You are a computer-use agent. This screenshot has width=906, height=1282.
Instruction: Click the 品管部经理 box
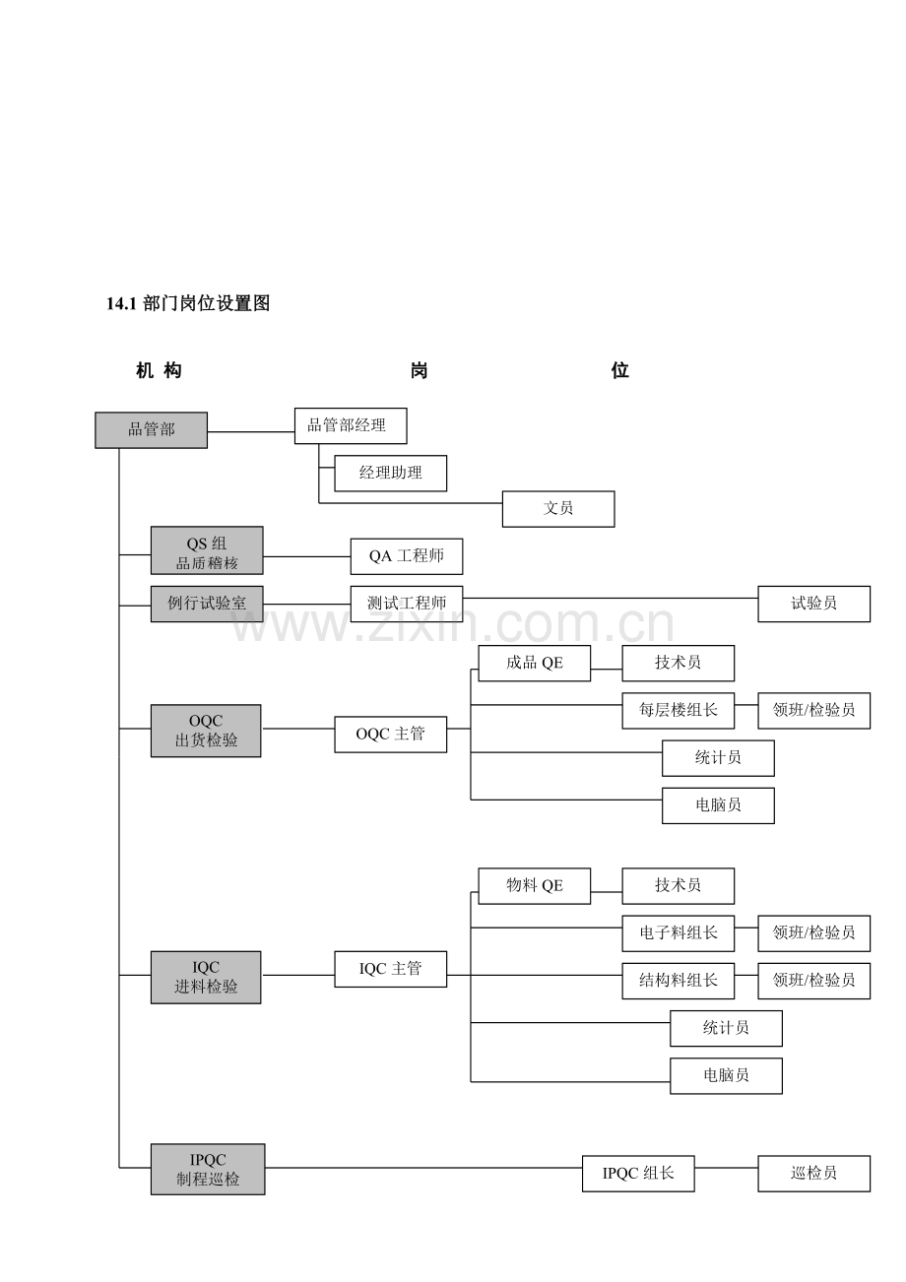coord(350,425)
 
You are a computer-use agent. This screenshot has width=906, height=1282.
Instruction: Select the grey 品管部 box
coord(151,429)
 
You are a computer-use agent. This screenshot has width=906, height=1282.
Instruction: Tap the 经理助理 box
coord(390,473)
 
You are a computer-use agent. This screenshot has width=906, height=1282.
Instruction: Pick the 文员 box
coord(557,508)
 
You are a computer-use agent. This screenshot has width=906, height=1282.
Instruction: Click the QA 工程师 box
coord(406,556)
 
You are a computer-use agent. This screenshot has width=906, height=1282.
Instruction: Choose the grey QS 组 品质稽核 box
coord(207,550)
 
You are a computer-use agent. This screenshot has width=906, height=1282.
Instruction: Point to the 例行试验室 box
coord(207,604)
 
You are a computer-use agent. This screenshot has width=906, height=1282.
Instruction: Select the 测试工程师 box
coord(406,604)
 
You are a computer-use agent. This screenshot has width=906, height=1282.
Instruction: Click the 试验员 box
coord(813,604)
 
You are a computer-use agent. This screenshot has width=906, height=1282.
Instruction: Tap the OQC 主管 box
coord(390,735)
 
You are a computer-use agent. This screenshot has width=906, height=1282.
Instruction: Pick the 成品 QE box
coord(534,663)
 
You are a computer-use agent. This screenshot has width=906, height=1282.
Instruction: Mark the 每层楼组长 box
coord(678,710)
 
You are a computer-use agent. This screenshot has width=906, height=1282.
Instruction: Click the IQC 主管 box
coord(390,969)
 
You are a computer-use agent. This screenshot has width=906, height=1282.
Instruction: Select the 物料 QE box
coord(534,885)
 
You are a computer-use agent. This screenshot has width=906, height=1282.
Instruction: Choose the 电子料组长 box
coord(678,932)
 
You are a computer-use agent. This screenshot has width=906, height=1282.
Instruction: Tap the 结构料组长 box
coord(678,981)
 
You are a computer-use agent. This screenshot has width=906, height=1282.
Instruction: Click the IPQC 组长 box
coord(638,1174)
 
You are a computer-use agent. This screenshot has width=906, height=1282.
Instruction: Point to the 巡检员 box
coord(813,1174)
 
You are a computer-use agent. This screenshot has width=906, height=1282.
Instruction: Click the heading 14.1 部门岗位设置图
coord(188,304)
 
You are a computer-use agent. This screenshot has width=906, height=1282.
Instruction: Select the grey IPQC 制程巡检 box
coord(207,1169)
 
